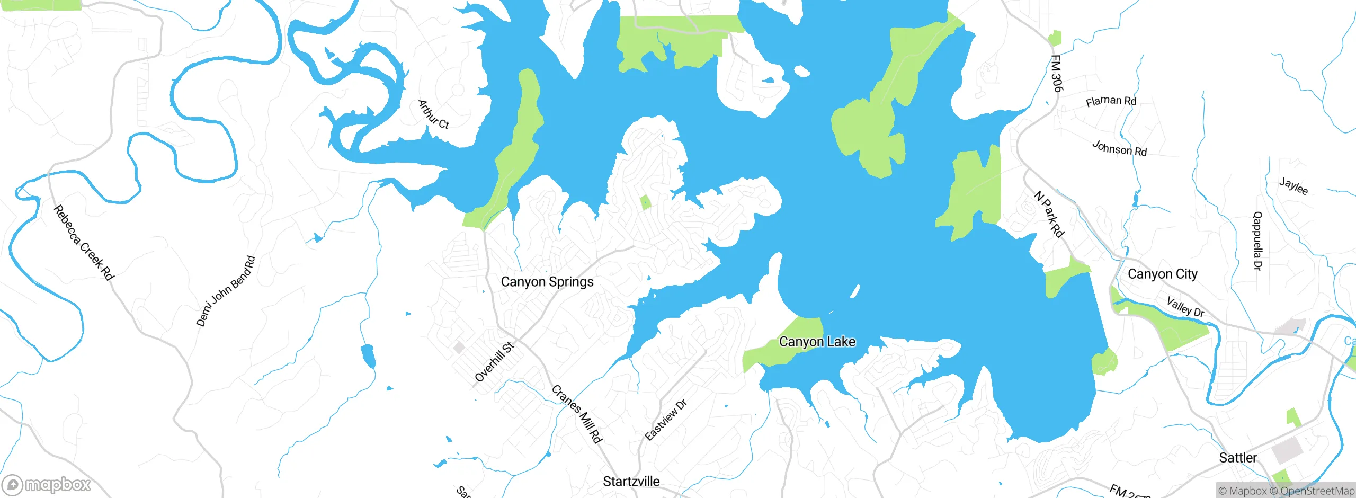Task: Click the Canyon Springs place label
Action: (547, 282)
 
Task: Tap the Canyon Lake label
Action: (817, 342)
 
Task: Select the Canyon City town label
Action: (1162, 274)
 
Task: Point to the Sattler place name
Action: (1237, 458)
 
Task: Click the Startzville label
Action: (631, 482)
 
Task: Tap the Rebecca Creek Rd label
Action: (84, 243)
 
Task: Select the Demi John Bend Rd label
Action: (226, 291)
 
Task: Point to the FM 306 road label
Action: (1056, 74)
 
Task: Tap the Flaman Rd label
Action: (1111, 101)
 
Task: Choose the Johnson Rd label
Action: (1119, 148)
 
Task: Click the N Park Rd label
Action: (1049, 214)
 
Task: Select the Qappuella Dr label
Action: (1257, 241)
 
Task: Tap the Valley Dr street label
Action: (1185, 307)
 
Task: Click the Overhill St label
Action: (494, 362)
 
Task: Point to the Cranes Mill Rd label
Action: (577, 414)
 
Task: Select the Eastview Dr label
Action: (666, 420)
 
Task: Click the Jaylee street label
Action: (1293, 186)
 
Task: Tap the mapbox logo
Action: (47, 485)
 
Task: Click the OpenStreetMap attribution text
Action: (1317, 491)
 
